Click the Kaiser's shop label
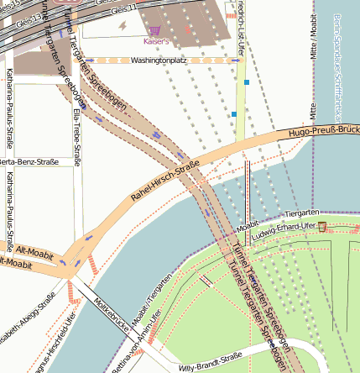point(157,40)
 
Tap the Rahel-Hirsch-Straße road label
point(164,181)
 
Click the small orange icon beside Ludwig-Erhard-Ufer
point(322,227)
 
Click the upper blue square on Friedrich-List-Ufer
point(247,82)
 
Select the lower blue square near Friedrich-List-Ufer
point(234,114)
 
